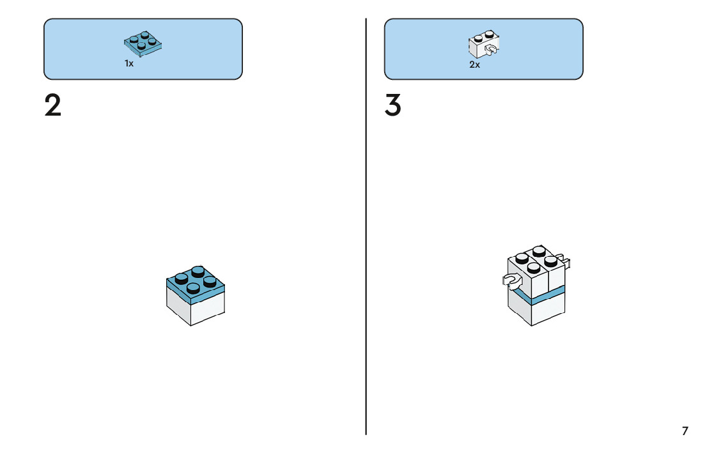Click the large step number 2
coord(53,105)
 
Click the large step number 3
coord(392,105)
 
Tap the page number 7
coord(685,431)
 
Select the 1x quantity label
coord(129,64)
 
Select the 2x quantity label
coord(474,65)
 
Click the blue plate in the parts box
coord(143,43)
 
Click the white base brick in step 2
coord(195,308)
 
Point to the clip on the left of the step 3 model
coord(511,279)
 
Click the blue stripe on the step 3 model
coord(537,297)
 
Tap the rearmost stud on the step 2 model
coord(198,271)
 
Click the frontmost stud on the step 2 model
coord(194,288)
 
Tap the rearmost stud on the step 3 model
coord(539,250)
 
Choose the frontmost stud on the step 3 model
coord(534,267)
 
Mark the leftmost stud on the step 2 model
coord(181,278)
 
